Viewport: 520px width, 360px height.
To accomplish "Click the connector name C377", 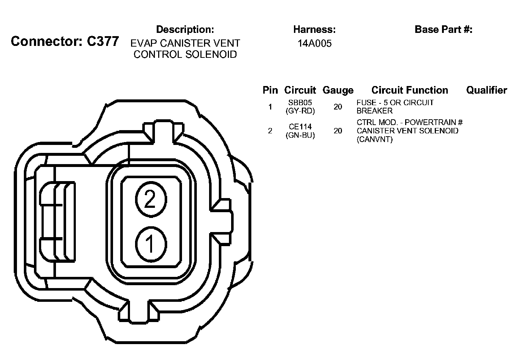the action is [103, 42].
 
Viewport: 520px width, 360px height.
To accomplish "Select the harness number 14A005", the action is [315, 44].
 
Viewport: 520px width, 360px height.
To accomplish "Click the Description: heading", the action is [185, 29].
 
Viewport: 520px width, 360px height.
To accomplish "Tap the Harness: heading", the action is [315, 29].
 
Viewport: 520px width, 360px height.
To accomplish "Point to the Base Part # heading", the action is [443, 29].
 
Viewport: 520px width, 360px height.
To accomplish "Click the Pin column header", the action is [270, 90].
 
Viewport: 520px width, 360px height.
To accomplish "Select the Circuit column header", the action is [300, 90].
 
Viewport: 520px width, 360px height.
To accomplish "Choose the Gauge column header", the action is [338, 90].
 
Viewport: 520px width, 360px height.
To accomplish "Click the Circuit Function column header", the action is [409, 90].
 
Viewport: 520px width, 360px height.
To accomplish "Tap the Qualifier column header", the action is [486, 90].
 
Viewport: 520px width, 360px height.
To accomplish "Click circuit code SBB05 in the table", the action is [300, 103].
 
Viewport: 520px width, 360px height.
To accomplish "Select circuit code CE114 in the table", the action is [300, 127].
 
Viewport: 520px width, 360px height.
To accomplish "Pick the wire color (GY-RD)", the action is [300, 111].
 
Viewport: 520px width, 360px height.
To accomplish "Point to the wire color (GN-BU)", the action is [300, 135].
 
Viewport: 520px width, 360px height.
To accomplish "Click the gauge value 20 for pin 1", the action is [338, 107].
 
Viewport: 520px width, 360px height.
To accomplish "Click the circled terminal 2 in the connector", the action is [150, 199].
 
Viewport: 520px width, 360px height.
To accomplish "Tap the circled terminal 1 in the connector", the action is [150, 244].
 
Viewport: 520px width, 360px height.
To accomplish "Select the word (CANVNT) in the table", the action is [374, 139].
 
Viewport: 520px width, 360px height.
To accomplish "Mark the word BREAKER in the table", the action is [374, 111].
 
